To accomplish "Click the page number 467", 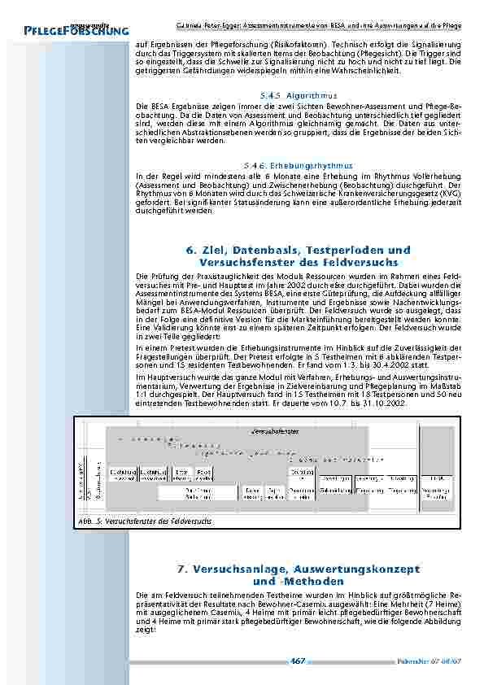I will (299, 661).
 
